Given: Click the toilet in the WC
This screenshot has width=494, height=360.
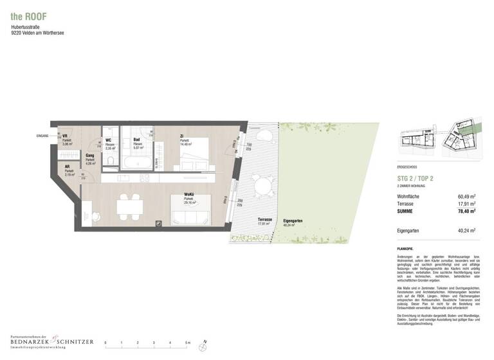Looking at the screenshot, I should pyautogui.click(x=111, y=160).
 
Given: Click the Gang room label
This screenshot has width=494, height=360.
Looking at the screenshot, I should pyautogui.click(x=90, y=155).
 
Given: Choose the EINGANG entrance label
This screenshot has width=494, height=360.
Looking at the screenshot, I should pyautogui.click(x=44, y=136).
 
